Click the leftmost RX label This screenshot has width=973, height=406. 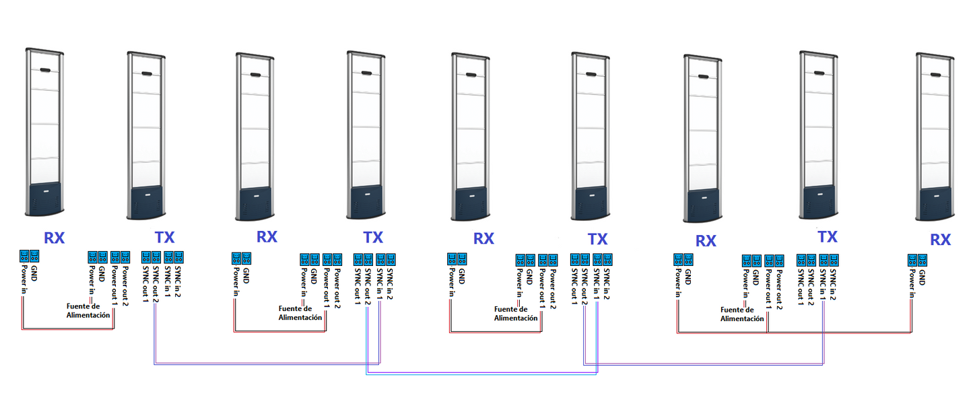tap(55, 237)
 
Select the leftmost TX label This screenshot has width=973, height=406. tap(164, 237)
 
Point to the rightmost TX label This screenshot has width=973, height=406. tap(827, 237)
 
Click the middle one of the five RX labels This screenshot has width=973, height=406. tap(483, 238)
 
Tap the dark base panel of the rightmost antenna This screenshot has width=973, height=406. tap(937, 203)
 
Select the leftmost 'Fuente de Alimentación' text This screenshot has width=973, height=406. tap(88, 310)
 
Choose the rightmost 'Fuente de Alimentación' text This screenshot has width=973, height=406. tap(742, 314)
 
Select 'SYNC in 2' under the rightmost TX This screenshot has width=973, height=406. tap(834, 283)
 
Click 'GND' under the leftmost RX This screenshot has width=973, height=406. tap(35, 273)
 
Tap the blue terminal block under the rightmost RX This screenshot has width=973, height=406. tap(918, 259)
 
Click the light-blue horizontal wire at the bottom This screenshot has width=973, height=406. tap(471, 374)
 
